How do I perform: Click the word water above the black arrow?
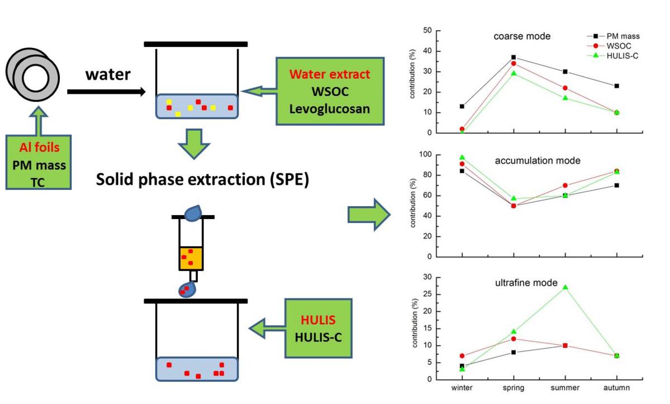pos(108,74)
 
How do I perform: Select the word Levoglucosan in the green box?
pos(330,108)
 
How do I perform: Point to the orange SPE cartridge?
pos(191,258)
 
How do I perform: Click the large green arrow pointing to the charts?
pos(369,214)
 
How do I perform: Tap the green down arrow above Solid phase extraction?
pos(193,144)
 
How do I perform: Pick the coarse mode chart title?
pos(522,36)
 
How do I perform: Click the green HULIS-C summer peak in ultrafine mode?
pos(565,287)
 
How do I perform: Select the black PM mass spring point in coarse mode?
pos(513,57)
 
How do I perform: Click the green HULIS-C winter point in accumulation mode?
pos(462,158)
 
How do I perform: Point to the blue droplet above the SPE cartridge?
pos(193,212)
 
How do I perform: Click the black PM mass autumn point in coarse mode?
pos(616,86)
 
